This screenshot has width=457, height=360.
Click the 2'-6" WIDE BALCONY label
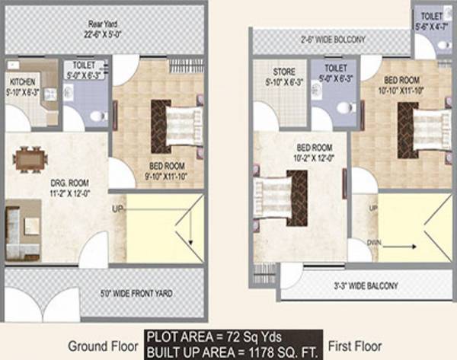332,39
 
